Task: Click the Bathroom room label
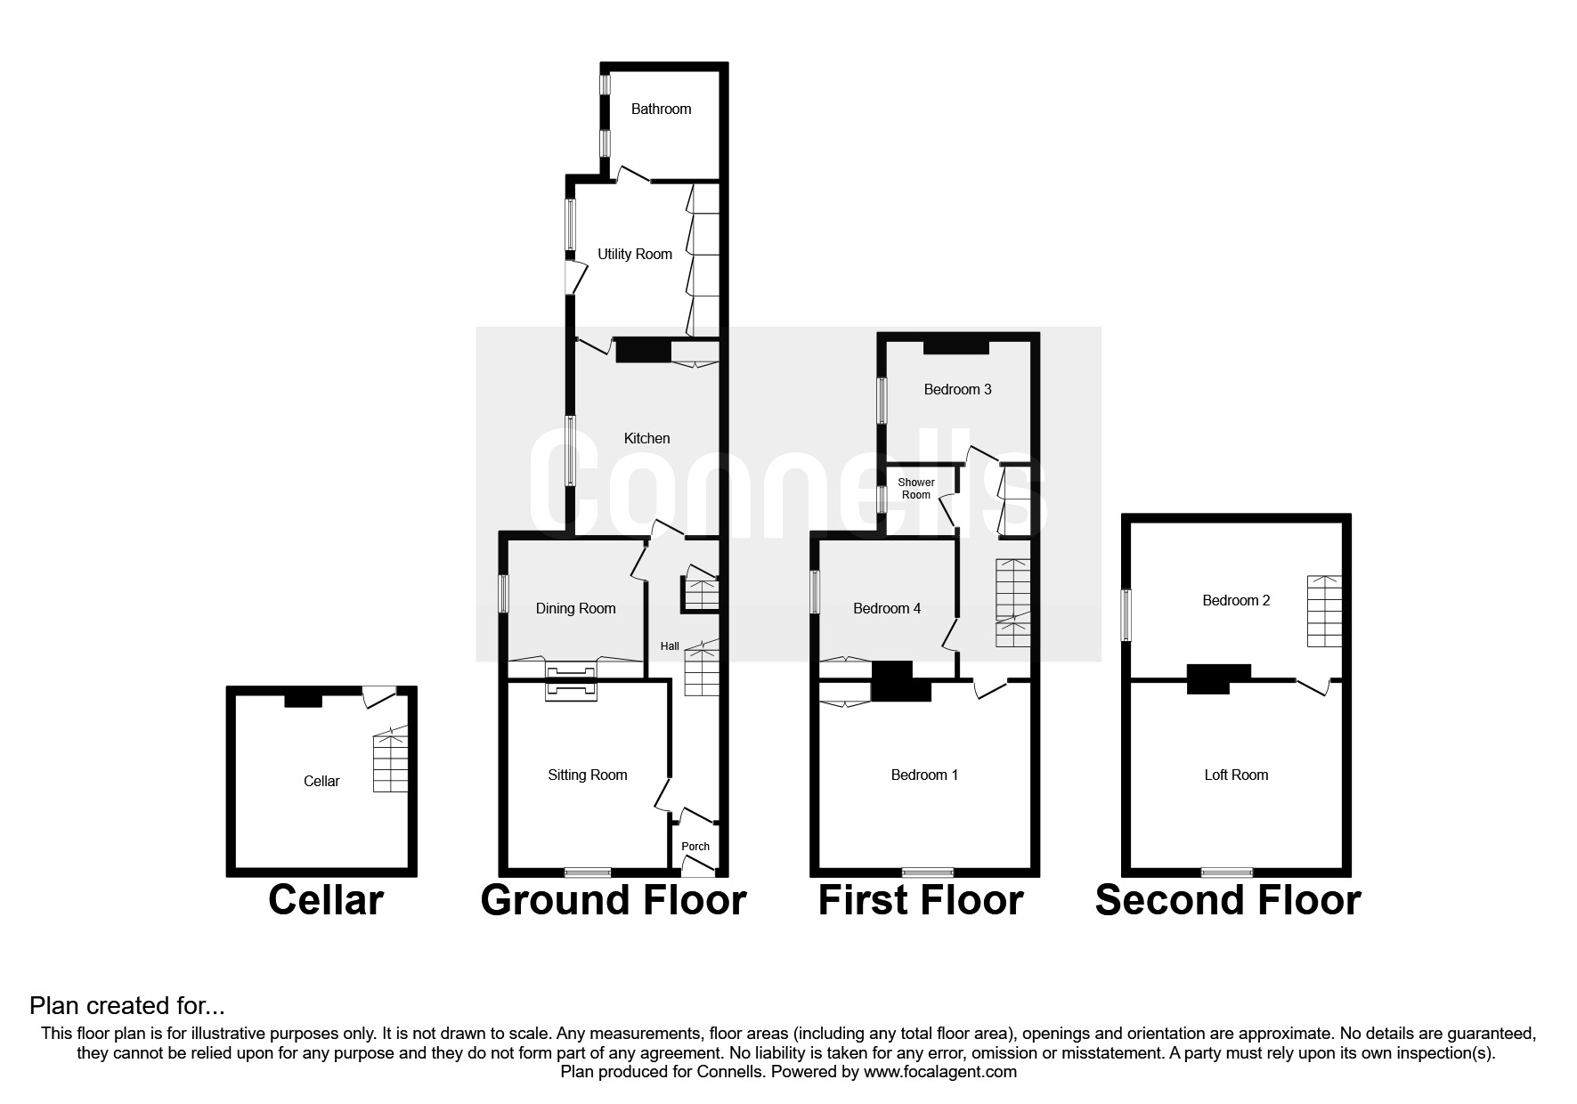coord(661,109)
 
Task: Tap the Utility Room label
coord(635,254)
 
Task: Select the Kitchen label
coord(646,438)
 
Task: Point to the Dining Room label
coord(575,608)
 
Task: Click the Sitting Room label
coord(588,775)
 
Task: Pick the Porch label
coord(695,846)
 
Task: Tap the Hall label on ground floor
coord(670,646)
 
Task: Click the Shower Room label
coord(916,489)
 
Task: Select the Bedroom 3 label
coord(957,389)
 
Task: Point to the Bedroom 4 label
coord(887,608)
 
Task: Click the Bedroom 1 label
coord(924,775)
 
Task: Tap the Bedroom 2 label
coord(1236,600)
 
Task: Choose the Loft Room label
coord(1236,775)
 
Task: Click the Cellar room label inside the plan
coord(321,781)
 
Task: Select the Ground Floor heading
coord(614,900)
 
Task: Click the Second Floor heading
coord(1228,900)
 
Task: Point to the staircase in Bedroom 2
coord(1324,611)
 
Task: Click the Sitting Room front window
coord(588,873)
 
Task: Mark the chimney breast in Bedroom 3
coord(956,347)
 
